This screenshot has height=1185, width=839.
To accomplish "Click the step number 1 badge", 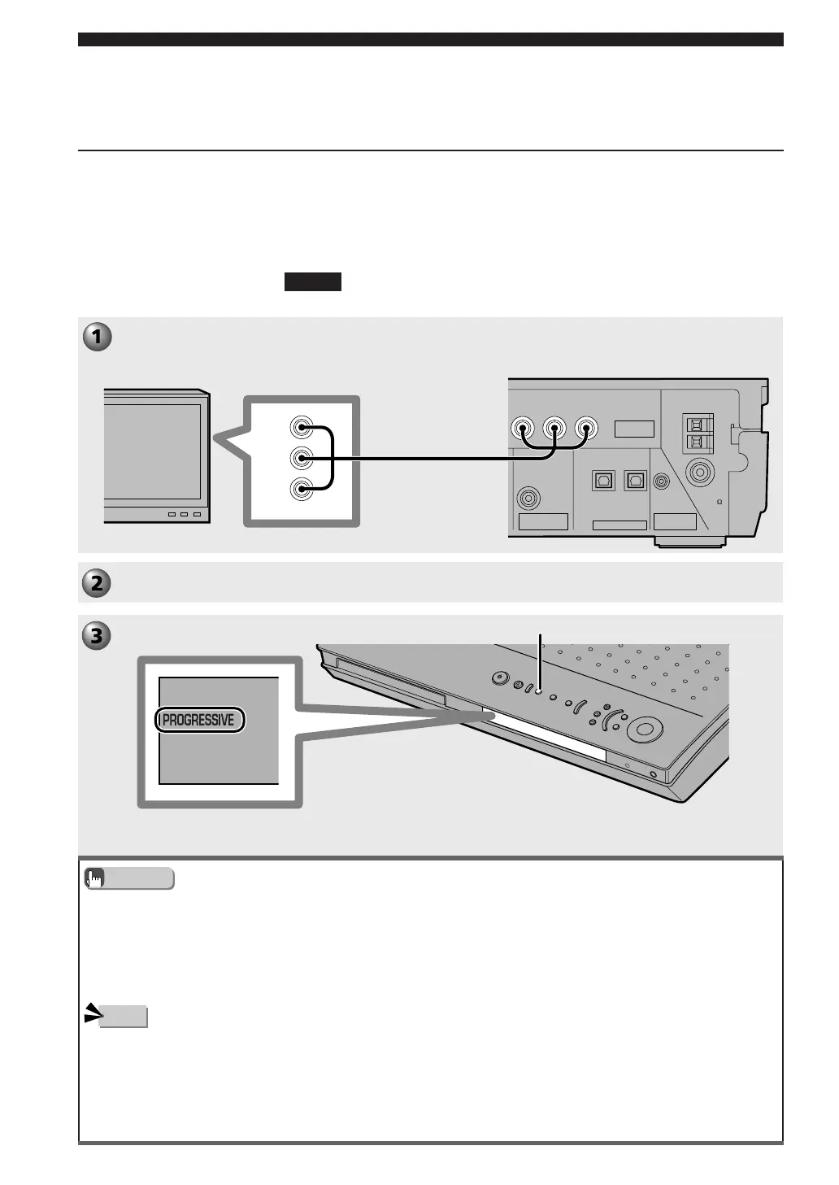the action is tap(97, 337).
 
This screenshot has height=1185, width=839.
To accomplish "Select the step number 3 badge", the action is tap(97, 635).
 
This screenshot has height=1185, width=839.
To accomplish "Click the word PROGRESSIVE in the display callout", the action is tap(198, 720).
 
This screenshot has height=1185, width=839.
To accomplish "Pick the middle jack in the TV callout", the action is tap(302, 459).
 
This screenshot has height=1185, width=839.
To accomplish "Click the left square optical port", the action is tap(603, 481).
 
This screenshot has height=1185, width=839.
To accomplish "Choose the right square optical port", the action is tap(635, 481).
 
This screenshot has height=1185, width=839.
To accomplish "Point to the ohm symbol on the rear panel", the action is tap(720, 502).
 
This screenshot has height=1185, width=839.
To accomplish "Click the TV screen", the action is tap(152, 451).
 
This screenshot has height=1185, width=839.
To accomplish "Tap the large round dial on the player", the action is tap(644, 730).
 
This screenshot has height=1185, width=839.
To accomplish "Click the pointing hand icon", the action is tap(95, 878).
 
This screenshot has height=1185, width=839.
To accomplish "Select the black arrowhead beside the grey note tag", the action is tap(91, 1014).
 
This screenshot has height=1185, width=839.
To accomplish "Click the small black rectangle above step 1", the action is tap(312, 282).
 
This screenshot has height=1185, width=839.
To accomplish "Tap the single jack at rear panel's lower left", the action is tap(529, 496).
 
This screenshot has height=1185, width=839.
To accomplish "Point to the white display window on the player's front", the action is tap(545, 736).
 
